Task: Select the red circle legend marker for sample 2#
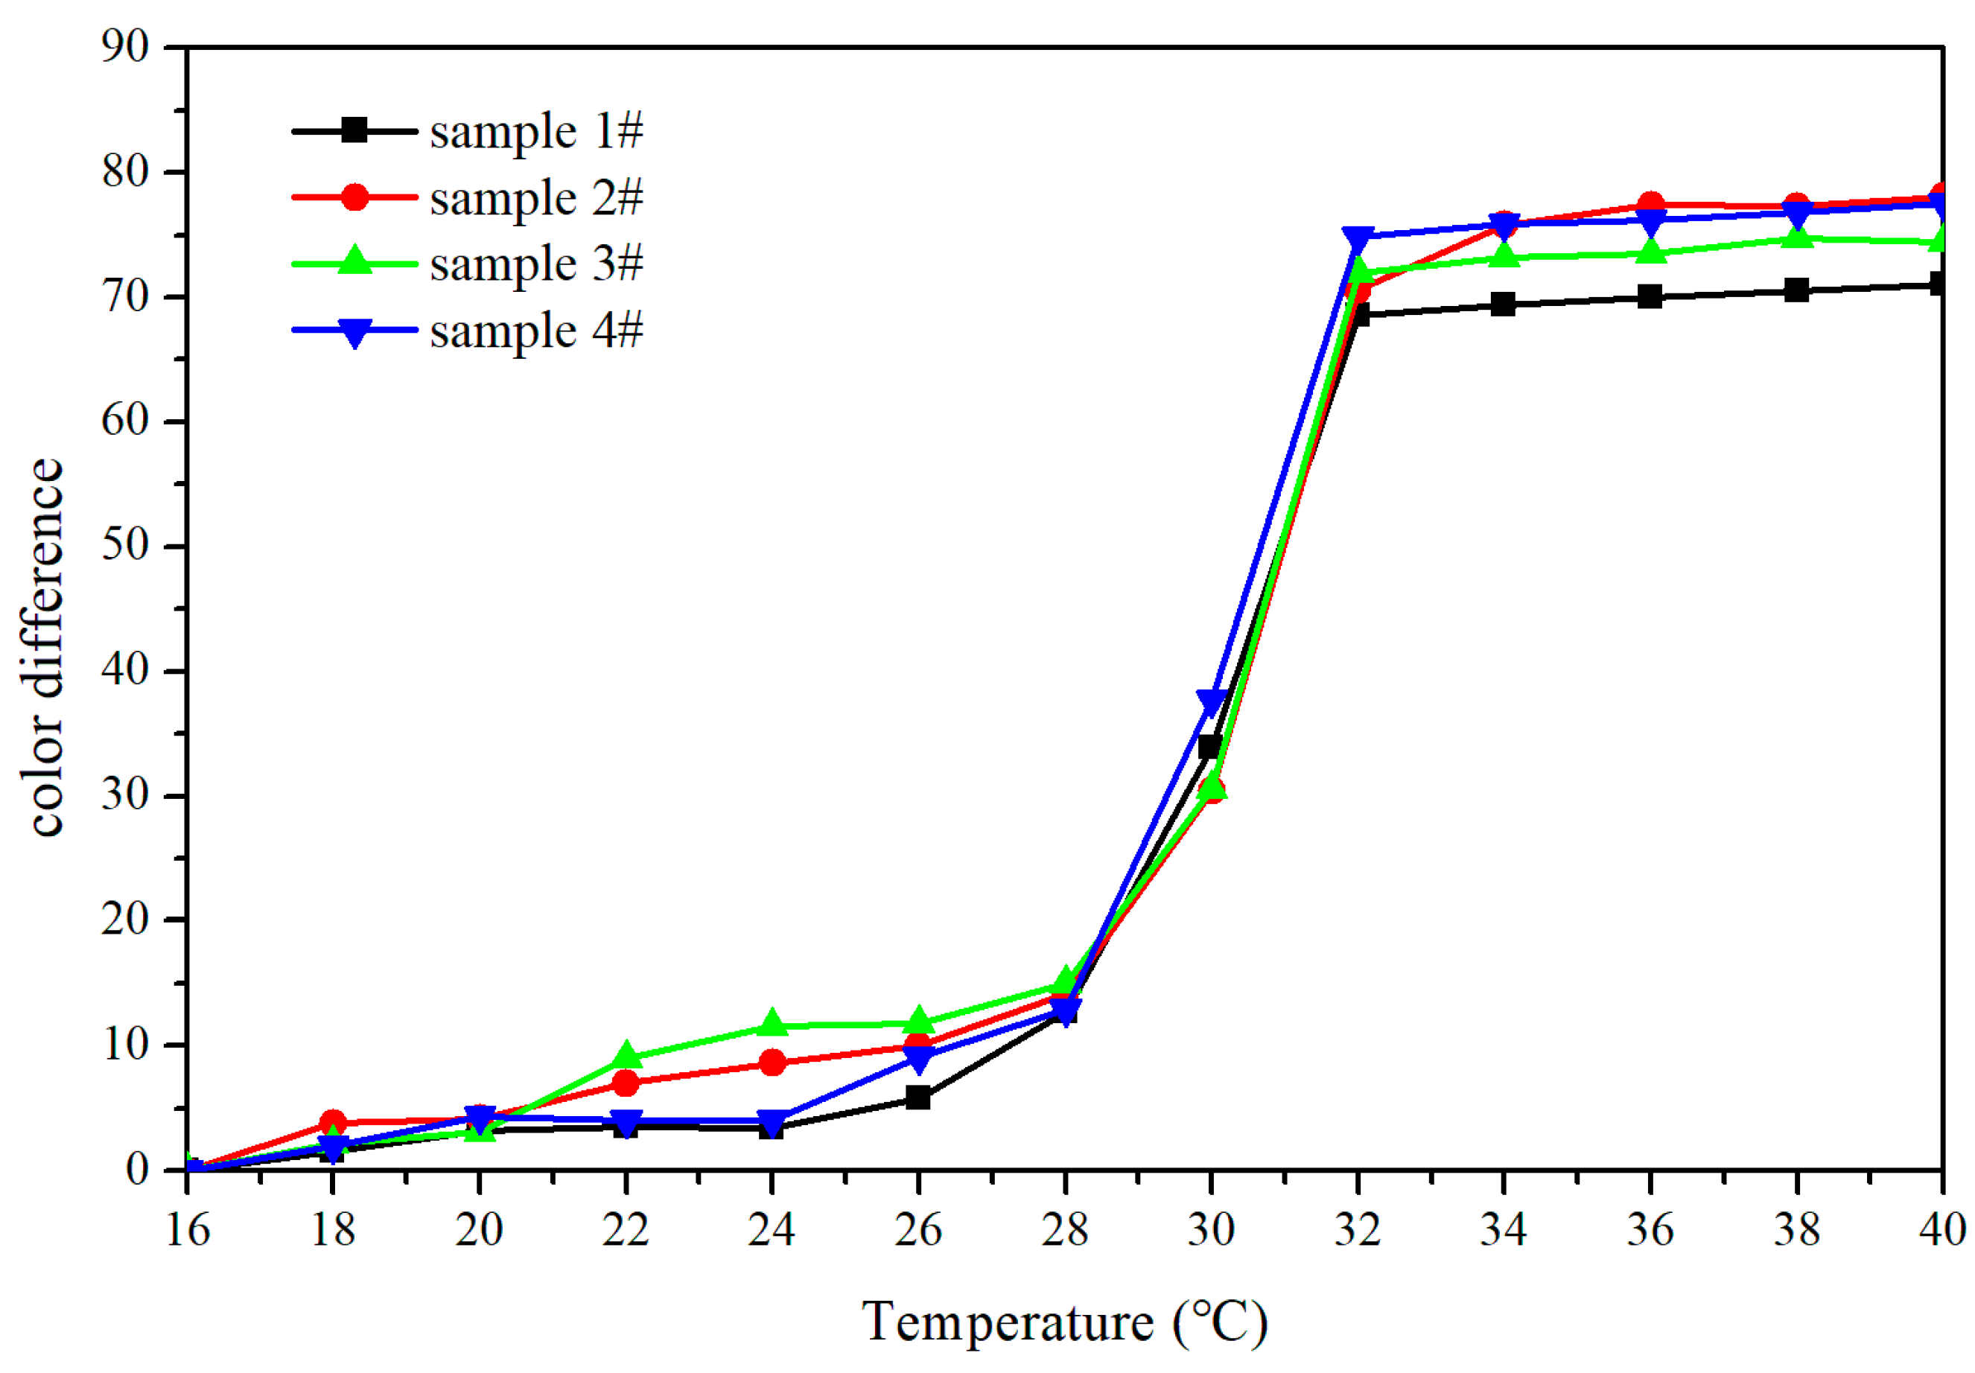[x=354, y=198]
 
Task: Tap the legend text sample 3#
[x=536, y=264]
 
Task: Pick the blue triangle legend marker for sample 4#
[x=354, y=332]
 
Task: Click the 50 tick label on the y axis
[x=126, y=546]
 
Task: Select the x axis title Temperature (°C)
[x=1065, y=1323]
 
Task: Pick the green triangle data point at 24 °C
[x=772, y=1024]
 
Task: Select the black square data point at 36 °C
[x=1650, y=297]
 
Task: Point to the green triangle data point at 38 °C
[x=1796, y=237]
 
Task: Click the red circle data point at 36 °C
[x=1650, y=205]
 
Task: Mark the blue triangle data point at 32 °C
[x=1358, y=238]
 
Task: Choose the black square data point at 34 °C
[x=1504, y=304]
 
